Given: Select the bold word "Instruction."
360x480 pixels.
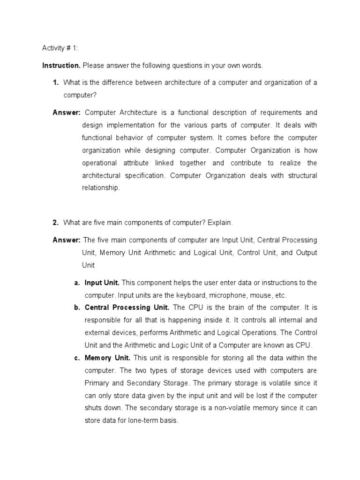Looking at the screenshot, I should coord(61,66).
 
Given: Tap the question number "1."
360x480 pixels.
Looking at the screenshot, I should coord(56,82).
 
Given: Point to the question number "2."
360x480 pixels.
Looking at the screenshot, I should coord(55,222).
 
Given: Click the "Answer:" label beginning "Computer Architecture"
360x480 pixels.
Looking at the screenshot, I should coord(67,112).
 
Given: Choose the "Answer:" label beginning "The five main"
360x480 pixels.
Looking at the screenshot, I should coord(67,240).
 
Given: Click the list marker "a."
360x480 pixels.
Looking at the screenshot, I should coord(77,283).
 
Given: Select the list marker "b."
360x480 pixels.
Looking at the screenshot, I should coord(77,308).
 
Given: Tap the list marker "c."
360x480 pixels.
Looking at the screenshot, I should coord(77,358).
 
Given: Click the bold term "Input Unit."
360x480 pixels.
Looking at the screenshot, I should coord(102,283).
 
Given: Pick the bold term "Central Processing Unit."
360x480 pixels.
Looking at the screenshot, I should coord(127,308).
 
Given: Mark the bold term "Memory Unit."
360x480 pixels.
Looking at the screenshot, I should coord(107,358).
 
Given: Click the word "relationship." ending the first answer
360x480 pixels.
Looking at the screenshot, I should coord(101,188).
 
